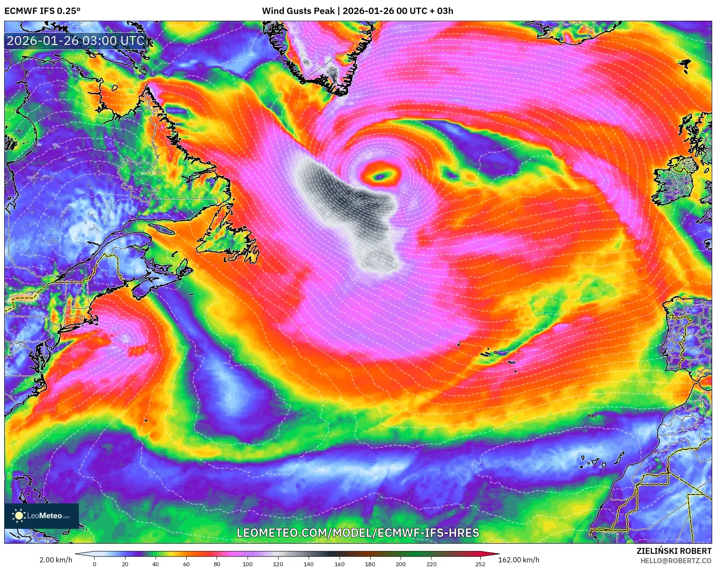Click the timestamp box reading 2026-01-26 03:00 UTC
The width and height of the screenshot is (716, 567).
click(x=75, y=41)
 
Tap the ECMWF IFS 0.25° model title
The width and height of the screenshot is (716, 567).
click(x=42, y=11)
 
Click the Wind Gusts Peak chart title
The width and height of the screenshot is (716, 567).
click(x=357, y=11)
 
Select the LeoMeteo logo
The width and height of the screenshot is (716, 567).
click(x=42, y=516)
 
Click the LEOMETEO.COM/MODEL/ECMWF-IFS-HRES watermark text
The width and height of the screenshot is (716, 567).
click(x=358, y=533)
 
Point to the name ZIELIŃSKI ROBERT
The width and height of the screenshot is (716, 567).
click(x=674, y=551)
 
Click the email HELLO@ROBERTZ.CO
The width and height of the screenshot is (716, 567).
click(x=675, y=561)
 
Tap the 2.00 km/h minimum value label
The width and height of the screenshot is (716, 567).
click(x=56, y=560)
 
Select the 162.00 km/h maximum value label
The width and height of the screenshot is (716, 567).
click(x=518, y=560)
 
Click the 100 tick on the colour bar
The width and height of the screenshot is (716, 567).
click(x=248, y=564)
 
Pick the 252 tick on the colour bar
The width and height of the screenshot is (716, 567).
click(x=480, y=564)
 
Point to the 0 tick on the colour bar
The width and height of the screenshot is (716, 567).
click(x=95, y=564)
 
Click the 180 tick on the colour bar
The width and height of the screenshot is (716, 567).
click(x=370, y=564)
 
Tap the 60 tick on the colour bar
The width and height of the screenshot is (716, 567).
click(x=187, y=564)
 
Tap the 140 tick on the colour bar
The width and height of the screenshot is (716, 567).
click(x=309, y=564)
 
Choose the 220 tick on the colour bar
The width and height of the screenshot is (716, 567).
click(x=431, y=564)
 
